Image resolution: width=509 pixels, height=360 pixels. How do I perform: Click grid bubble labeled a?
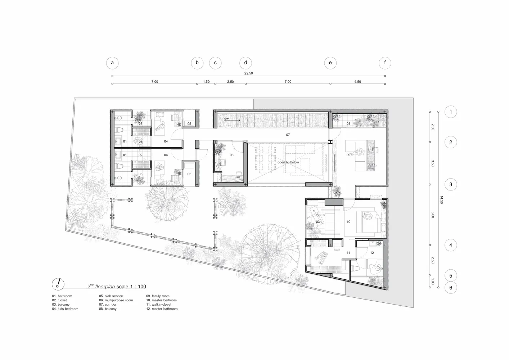tap(112, 63)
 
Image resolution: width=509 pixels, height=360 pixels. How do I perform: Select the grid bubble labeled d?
tap(246, 63)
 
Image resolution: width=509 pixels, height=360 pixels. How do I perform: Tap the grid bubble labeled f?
tap(385, 63)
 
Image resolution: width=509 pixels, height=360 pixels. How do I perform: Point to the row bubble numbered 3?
tap(451, 184)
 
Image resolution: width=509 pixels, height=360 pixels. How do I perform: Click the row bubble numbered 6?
tap(451, 288)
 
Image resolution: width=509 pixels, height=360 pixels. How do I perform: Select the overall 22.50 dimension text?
tap(249, 73)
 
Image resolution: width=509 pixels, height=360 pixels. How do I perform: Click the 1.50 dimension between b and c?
tap(206, 82)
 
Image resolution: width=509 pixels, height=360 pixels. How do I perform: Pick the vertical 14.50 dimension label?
tap(442, 200)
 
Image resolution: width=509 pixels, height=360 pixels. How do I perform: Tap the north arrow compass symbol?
tap(58, 284)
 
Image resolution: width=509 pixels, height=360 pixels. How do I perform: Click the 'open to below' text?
tap(288, 162)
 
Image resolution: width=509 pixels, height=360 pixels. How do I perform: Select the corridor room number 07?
tap(288, 135)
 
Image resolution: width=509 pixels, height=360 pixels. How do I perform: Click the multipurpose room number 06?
tap(231, 155)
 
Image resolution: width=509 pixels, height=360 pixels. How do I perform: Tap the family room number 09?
tap(348, 155)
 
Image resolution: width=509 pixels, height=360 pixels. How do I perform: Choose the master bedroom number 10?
tap(348, 222)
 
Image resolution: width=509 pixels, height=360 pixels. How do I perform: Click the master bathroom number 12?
tap(372, 252)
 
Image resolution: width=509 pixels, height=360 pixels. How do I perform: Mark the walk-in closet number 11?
tap(348, 252)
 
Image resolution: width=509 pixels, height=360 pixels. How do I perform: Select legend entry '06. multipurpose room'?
tap(116, 300)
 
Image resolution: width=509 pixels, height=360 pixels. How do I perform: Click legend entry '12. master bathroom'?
tap(162, 309)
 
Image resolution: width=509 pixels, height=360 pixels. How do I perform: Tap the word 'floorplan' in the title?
tap(105, 287)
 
